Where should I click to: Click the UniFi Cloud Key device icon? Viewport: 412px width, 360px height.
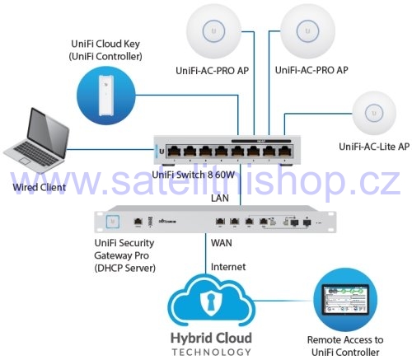(x=106, y=95)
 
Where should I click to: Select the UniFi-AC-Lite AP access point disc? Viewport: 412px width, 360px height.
(x=374, y=113)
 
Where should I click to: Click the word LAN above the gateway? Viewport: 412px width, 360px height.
(x=220, y=198)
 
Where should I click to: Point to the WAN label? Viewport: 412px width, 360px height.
(x=222, y=243)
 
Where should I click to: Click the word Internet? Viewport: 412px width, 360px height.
(x=228, y=267)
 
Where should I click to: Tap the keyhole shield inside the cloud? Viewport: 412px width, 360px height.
(x=211, y=303)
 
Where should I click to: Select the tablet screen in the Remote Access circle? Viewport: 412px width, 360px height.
(x=345, y=300)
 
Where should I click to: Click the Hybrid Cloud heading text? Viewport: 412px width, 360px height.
(x=211, y=338)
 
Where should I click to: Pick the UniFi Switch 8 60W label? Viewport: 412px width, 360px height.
(x=194, y=175)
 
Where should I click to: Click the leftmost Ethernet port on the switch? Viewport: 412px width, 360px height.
(x=174, y=151)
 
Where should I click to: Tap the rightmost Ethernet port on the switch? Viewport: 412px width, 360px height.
(x=285, y=151)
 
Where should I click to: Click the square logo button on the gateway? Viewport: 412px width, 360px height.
(x=112, y=222)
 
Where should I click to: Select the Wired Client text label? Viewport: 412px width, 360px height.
(x=40, y=187)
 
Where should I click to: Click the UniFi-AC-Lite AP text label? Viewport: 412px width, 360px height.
(x=374, y=147)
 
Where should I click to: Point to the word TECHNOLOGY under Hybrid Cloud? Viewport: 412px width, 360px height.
(x=211, y=352)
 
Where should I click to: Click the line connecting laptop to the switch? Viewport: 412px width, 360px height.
(x=110, y=150)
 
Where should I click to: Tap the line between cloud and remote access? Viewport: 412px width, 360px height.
(x=283, y=301)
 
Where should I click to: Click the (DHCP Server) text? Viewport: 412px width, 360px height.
(x=125, y=268)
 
